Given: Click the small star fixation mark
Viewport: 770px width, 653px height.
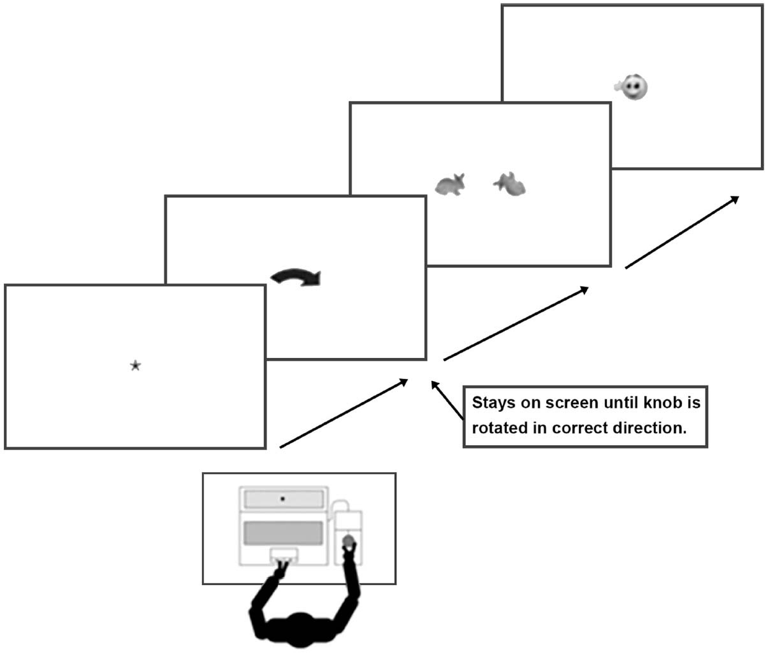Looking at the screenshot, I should pos(135,366).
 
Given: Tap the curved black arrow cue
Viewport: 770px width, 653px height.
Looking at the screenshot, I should pos(296,277).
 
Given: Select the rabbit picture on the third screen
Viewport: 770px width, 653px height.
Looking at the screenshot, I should pos(450,185).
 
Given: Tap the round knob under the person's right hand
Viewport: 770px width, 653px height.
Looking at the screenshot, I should pos(348,541).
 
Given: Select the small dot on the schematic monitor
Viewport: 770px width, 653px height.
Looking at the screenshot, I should pos(282,498).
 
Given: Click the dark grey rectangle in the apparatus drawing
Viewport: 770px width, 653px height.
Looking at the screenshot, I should pos(282,533).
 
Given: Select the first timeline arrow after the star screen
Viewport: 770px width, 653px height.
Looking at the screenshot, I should pos(343,414).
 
